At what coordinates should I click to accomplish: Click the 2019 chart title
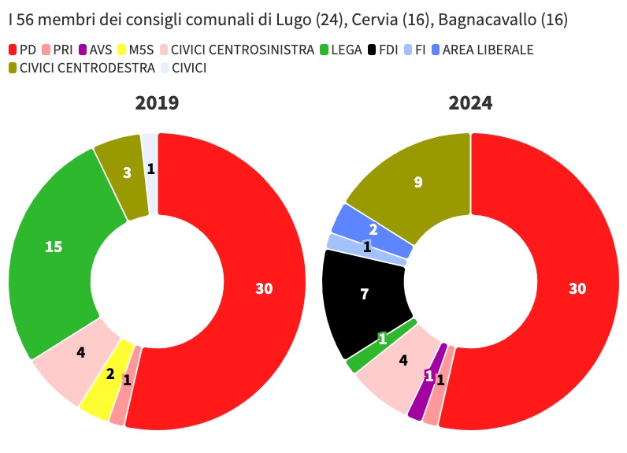(x=157, y=103)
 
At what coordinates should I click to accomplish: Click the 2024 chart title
(x=470, y=103)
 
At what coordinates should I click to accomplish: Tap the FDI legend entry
(x=382, y=50)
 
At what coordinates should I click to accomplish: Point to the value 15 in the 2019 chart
(x=53, y=247)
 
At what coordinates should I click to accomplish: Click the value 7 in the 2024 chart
(x=364, y=295)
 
